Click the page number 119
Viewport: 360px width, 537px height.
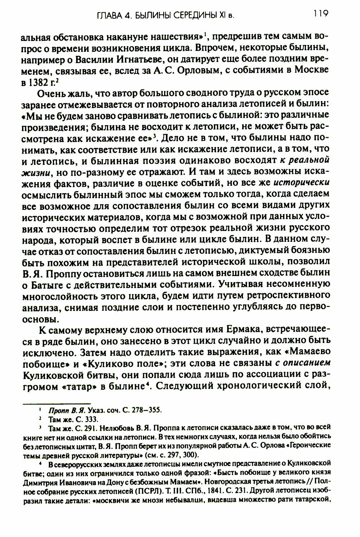[x=320, y=14]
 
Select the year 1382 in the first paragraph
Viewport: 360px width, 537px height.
[x=39, y=81]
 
